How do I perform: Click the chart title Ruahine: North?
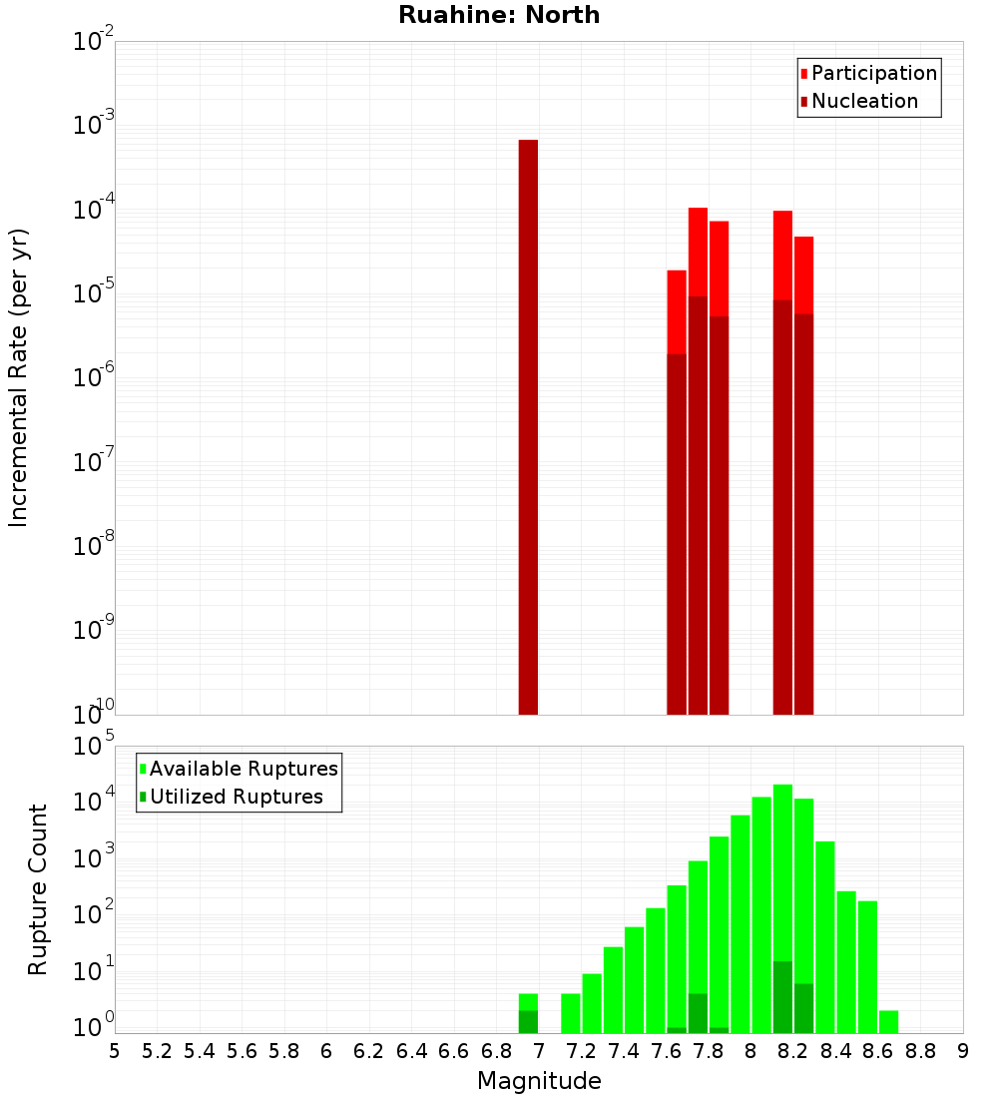pos(499,15)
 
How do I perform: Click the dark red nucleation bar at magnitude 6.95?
pos(528,429)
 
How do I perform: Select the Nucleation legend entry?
pos(863,101)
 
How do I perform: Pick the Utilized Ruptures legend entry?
pos(236,797)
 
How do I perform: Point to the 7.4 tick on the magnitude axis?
pos(624,1051)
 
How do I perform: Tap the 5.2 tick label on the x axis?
pos(158,1051)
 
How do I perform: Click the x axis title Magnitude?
pos(539,1081)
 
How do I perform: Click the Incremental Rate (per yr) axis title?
pos(19,377)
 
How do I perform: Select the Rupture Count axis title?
pos(38,888)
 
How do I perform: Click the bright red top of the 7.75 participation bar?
pos(698,250)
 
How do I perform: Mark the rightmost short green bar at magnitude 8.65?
pos(888,1022)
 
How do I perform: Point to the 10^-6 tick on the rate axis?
pos(95,377)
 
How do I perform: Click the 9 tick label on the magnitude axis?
pos(963,1051)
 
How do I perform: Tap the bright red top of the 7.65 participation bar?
pos(677,309)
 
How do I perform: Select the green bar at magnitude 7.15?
pos(570,1013)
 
